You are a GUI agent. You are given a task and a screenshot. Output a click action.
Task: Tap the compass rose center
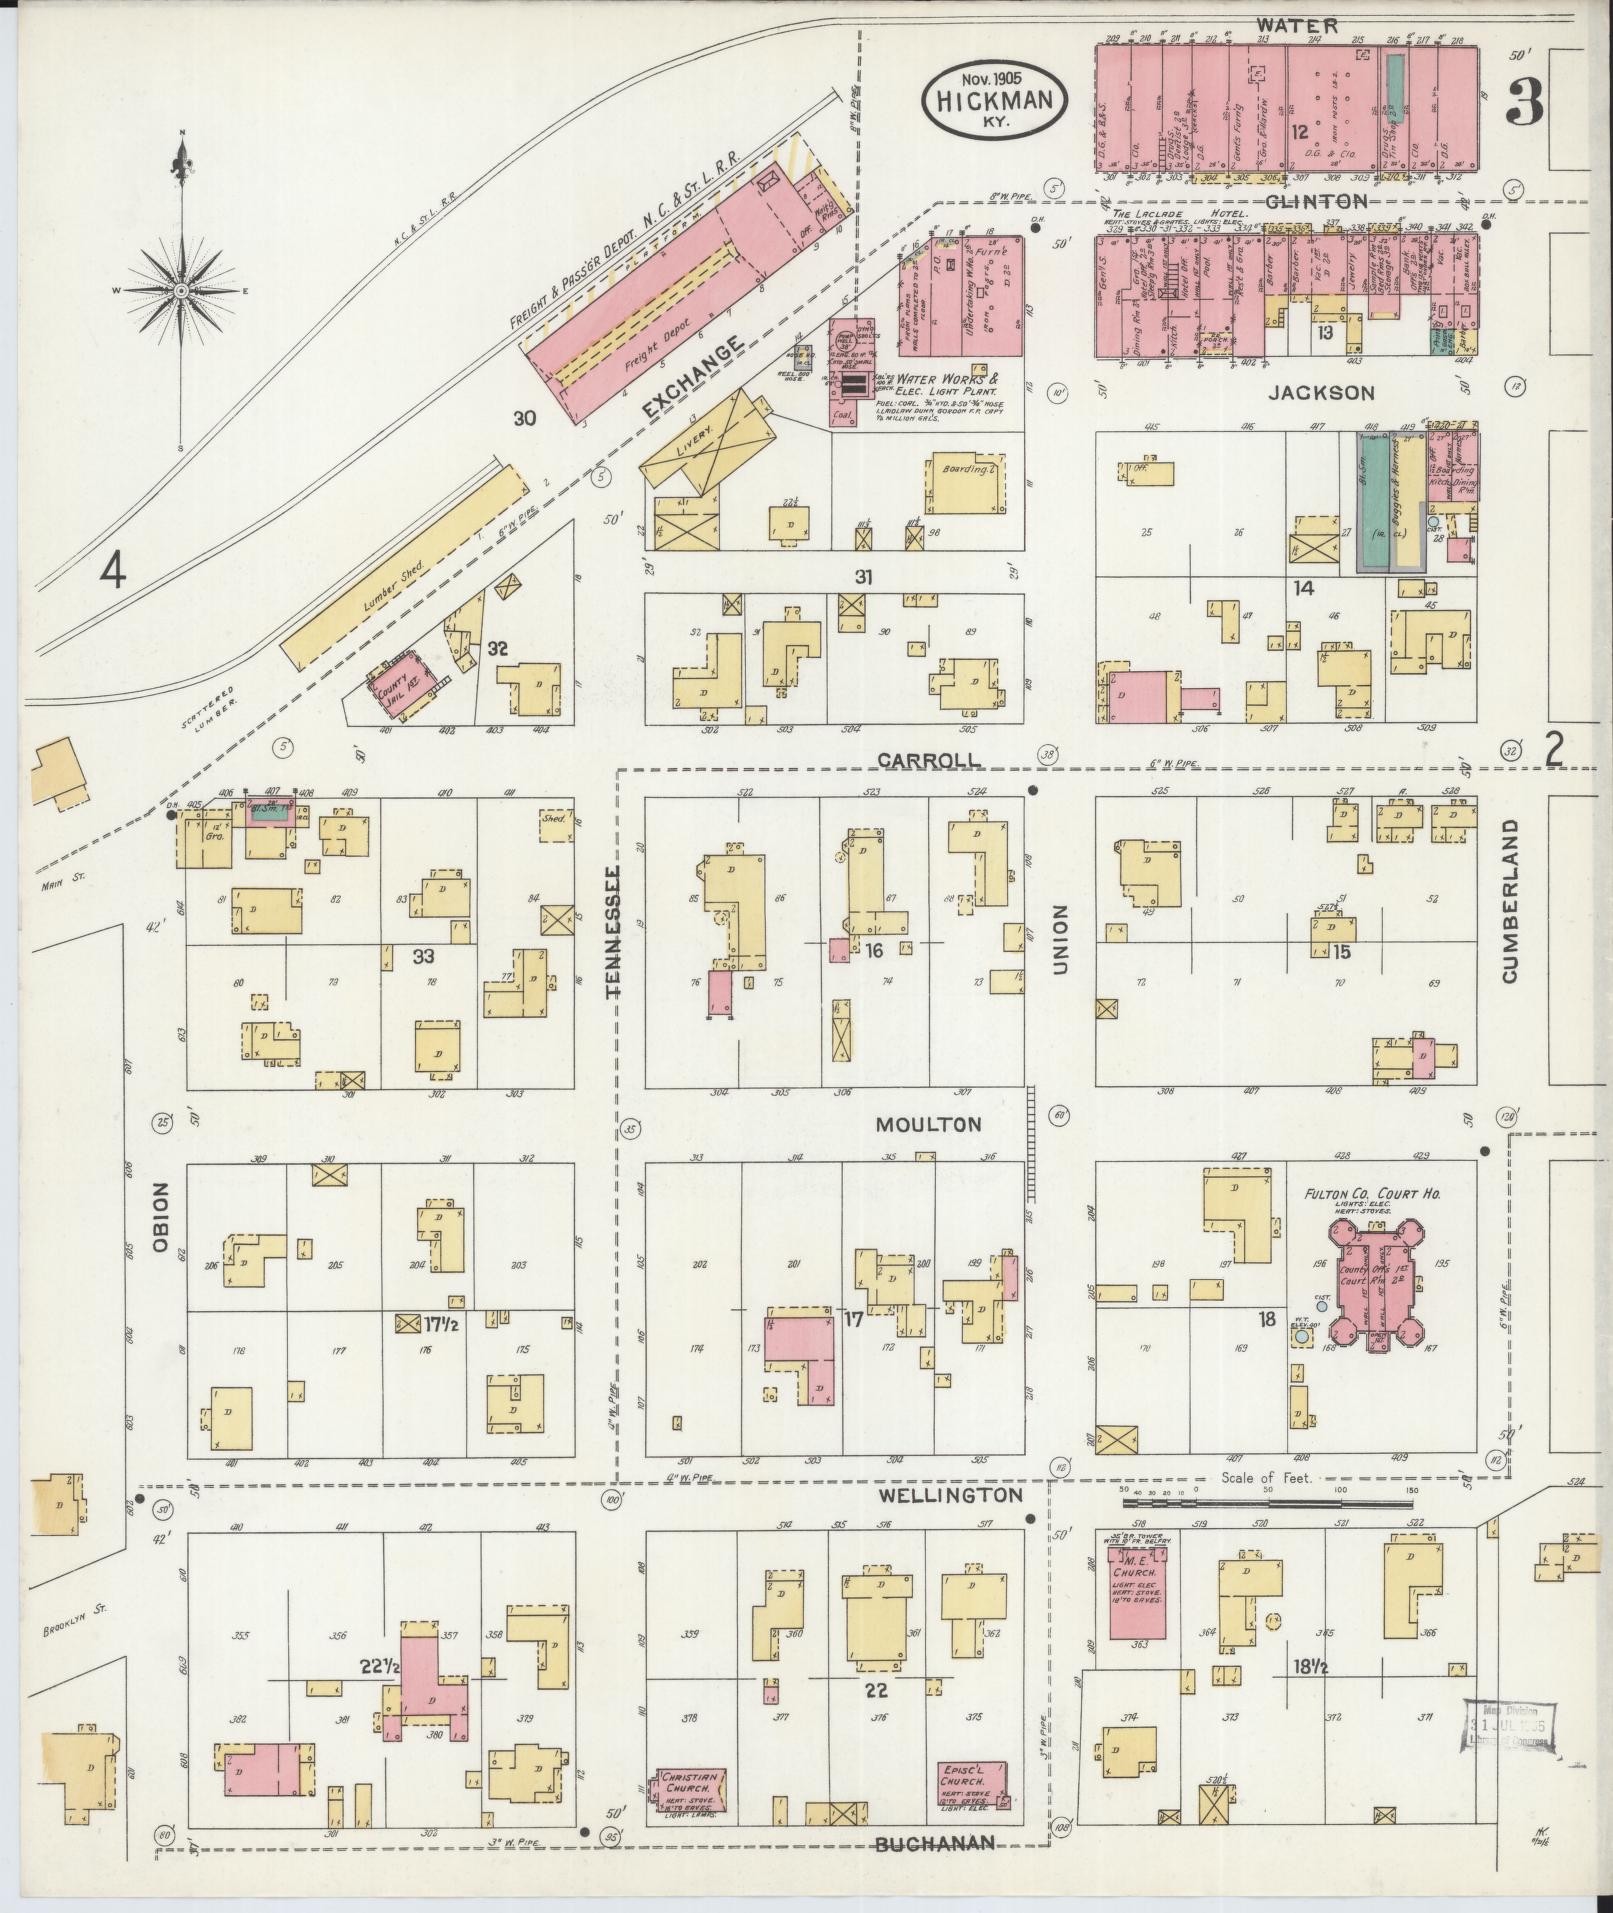pos(181,291)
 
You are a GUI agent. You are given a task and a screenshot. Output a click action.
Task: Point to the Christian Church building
pos(690,1793)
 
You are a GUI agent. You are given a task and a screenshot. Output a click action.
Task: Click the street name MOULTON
pos(928,1125)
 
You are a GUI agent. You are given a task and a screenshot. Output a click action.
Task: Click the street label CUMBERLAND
pos(1509,900)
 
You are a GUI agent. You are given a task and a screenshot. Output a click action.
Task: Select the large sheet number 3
pos(1523,103)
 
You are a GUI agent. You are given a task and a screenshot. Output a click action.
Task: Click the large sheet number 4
pos(114,571)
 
